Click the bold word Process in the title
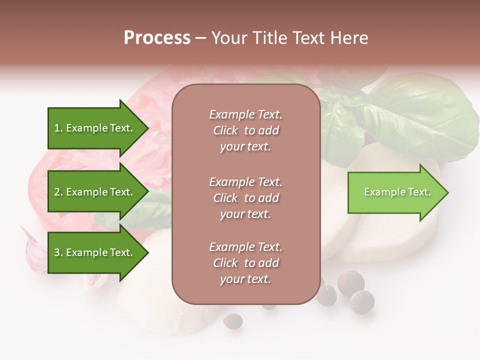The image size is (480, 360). pos(157,38)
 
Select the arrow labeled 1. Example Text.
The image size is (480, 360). pos(95,128)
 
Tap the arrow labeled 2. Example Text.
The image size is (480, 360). pos(95,192)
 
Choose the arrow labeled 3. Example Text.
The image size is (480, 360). pos(95,252)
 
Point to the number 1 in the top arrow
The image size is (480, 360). pos(56,128)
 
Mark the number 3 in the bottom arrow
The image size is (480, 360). pos(57,253)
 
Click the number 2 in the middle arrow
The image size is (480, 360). pos(57,192)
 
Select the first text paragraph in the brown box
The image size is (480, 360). pos(245,130)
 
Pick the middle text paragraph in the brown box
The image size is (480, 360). pos(245,198)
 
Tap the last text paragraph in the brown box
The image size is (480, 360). pos(245,263)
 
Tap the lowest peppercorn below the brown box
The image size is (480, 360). pos(232,320)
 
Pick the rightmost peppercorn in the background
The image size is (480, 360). pos(361,301)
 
